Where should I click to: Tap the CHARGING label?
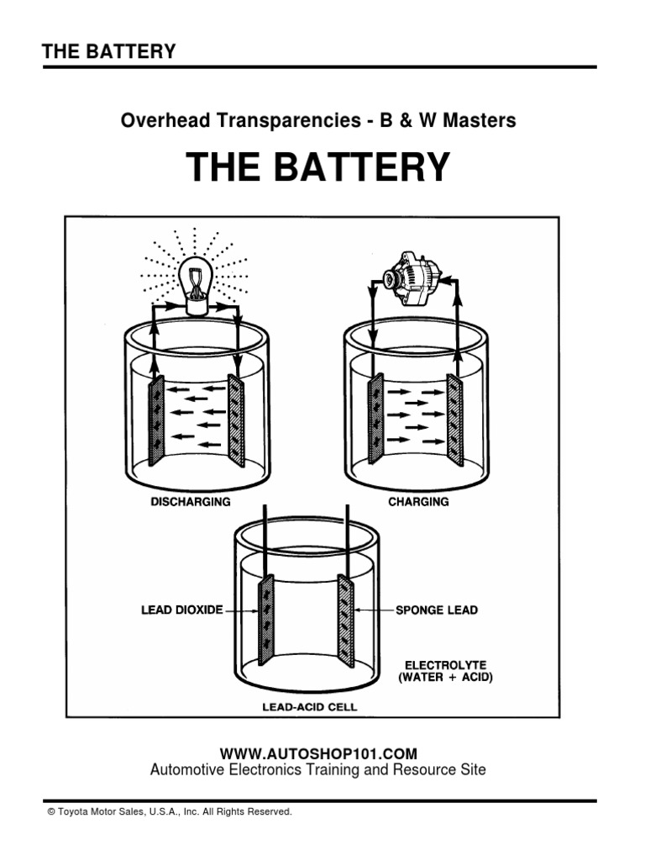(417, 502)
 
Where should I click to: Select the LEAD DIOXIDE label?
(181, 610)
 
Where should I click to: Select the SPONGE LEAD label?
(436, 610)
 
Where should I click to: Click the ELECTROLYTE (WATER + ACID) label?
(445, 669)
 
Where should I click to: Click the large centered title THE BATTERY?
(318, 167)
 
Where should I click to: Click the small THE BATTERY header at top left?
(109, 51)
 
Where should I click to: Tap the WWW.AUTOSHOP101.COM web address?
(317, 753)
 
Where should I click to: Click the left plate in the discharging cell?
(156, 420)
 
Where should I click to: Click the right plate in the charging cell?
(454, 419)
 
